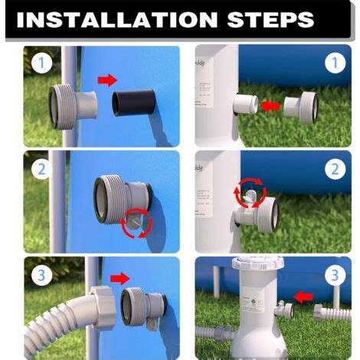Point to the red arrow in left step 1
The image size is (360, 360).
pyautogui.click(x=109, y=80)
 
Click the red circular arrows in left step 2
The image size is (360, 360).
pyautogui.click(x=137, y=222)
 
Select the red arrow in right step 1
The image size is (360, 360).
pyautogui.click(x=269, y=105)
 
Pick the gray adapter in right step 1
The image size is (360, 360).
pyautogui.click(x=300, y=105)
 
